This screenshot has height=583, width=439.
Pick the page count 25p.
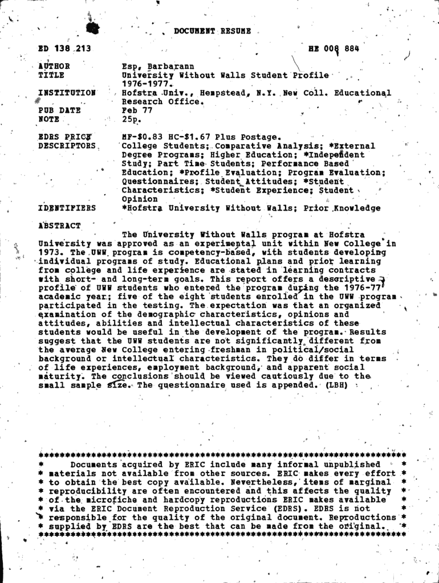131,120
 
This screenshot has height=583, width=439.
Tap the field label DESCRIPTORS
66,146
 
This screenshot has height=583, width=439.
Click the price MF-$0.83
143,137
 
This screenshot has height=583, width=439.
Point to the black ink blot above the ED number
95,28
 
